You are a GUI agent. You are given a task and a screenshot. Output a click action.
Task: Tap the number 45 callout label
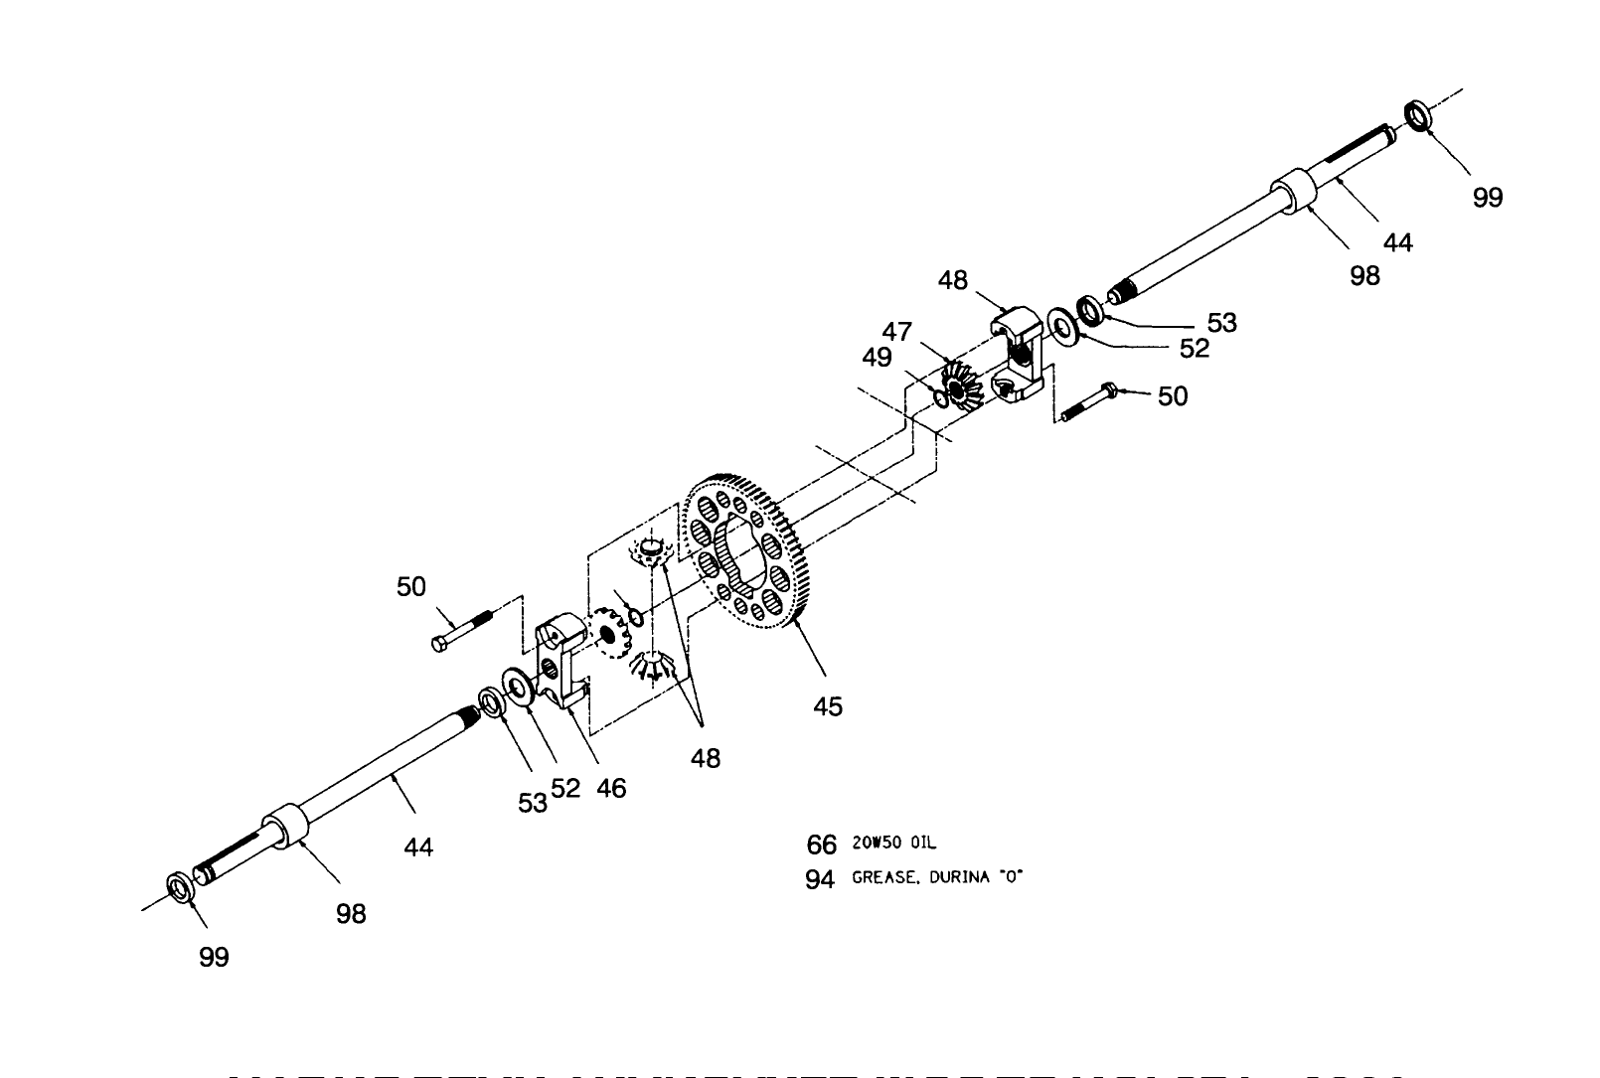pos(827,706)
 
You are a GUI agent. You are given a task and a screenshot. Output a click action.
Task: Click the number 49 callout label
pos(877,358)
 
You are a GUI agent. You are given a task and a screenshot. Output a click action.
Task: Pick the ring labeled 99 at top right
pos(1418,114)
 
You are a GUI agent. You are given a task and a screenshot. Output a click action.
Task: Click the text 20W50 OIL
pos(893,844)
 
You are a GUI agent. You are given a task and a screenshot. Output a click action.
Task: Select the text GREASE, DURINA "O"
pos(937,878)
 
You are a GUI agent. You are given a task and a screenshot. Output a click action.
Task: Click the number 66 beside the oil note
pos(821,845)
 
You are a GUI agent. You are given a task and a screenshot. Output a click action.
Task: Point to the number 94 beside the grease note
pos(820,880)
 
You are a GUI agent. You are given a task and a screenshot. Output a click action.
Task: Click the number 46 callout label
pos(611,788)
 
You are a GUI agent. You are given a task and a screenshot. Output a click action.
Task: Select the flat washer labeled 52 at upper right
pos(1063,327)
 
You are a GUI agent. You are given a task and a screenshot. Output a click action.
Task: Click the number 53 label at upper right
pos(1221,322)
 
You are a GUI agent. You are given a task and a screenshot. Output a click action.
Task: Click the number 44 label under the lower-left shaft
pos(418,847)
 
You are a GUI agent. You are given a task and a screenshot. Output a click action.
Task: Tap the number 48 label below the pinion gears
pos(706,758)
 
